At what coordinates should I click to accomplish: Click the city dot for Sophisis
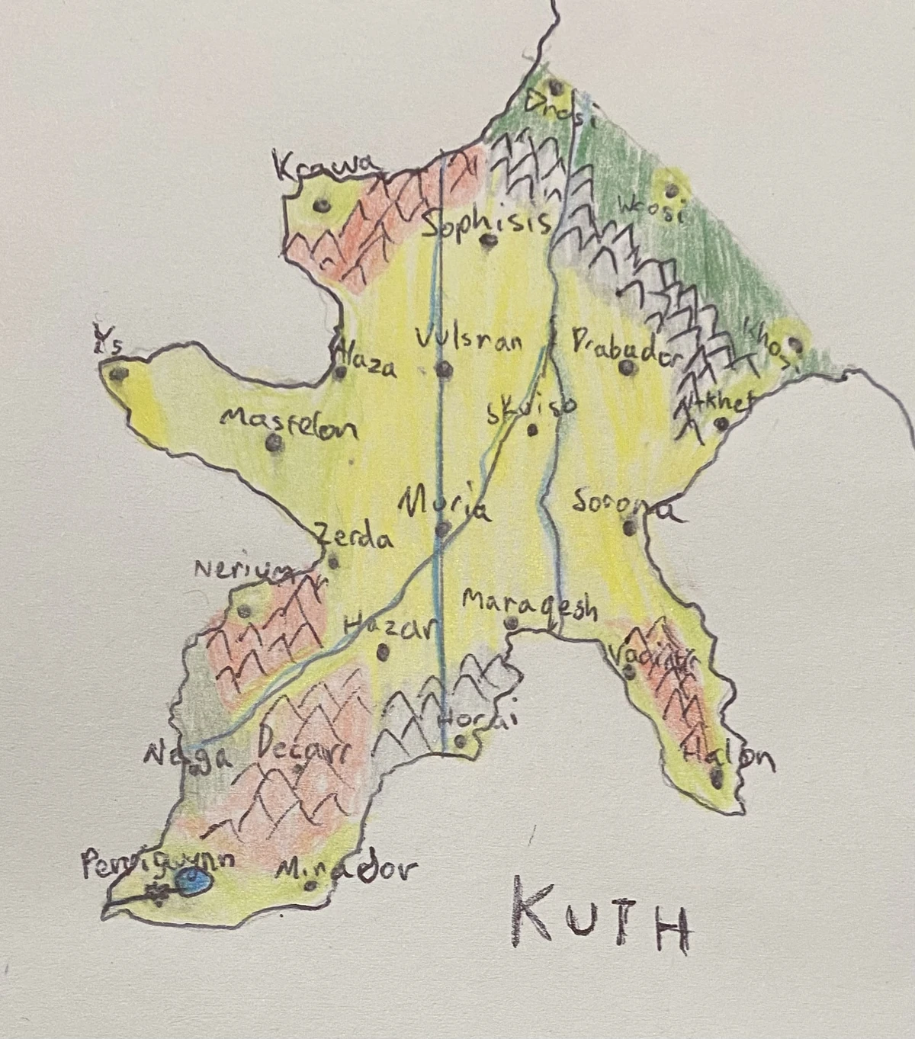pyautogui.click(x=487, y=242)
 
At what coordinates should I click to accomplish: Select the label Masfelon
pyautogui.click(x=288, y=424)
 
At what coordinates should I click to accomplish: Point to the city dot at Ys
pyautogui.click(x=117, y=374)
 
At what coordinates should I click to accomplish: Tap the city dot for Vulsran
pyautogui.click(x=443, y=370)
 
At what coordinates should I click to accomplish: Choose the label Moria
pyautogui.click(x=445, y=505)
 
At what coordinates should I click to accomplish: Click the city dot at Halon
pyautogui.click(x=717, y=777)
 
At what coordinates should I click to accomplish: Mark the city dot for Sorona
pyautogui.click(x=630, y=525)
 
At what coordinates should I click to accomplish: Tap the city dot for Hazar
pyautogui.click(x=383, y=652)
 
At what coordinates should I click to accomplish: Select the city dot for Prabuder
pyautogui.click(x=627, y=368)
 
